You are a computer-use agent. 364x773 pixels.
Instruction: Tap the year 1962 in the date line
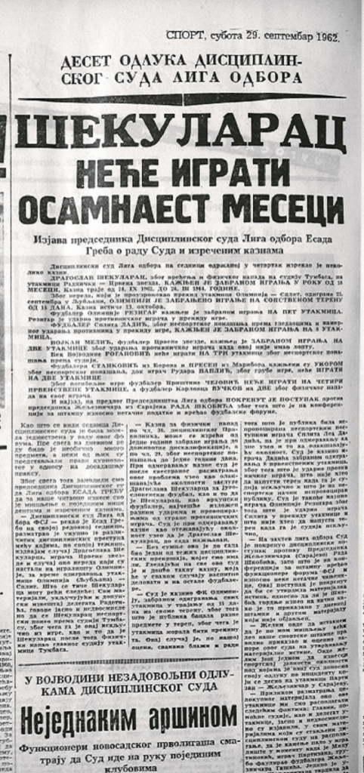[324, 35]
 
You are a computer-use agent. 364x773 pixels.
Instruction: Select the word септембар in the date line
[281, 35]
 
